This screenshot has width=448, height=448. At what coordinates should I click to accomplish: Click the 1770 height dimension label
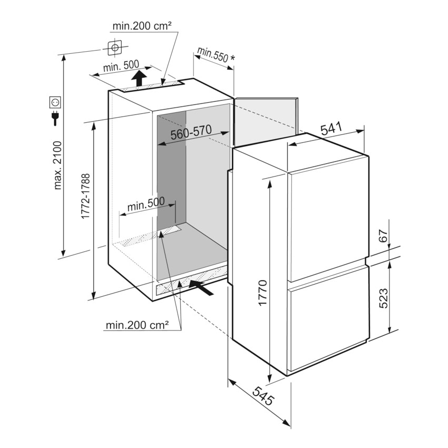click(263, 293)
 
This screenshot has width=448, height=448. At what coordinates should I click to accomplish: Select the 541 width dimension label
click(331, 129)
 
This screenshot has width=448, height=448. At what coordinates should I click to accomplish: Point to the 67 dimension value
click(384, 236)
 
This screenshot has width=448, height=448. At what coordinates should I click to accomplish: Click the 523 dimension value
click(384, 298)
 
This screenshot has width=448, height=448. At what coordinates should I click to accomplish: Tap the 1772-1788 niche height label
click(86, 196)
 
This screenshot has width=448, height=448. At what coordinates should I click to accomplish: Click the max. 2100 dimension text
click(57, 165)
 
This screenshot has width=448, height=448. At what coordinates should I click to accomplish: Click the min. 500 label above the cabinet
click(121, 66)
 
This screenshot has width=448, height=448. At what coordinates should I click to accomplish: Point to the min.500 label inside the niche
click(146, 203)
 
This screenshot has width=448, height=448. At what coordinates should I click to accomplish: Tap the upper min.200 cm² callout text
click(142, 26)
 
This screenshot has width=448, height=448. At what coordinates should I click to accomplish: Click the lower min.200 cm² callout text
click(137, 325)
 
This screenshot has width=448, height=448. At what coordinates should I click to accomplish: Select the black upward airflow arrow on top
click(139, 77)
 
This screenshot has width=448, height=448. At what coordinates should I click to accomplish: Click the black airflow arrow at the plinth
click(201, 287)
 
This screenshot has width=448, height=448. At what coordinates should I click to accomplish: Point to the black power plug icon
click(55, 118)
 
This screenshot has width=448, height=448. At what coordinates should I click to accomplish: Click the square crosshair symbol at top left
click(115, 47)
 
